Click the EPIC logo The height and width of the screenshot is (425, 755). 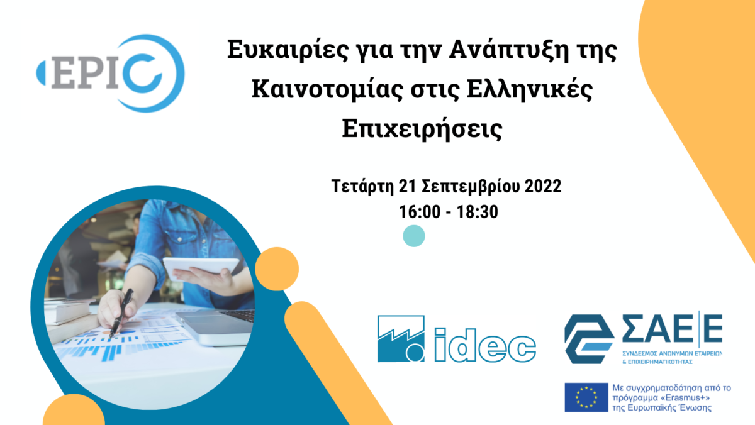tap(111, 73)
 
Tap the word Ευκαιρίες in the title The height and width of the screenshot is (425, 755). tap(288, 50)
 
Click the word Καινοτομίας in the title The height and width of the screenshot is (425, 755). tap(327, 89)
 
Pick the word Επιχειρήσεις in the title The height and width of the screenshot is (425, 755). tap(422, 129)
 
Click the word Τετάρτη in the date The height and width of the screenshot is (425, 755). tap(362, 186)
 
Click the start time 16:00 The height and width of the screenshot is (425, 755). tap(420, 212)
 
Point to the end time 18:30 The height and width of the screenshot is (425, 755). tap(478, 212)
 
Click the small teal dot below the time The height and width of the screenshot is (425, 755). tap(414, 236)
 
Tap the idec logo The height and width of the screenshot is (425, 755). tap(456, 339)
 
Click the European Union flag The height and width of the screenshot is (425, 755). tap(586, 397)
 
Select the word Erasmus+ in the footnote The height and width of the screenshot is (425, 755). tap(686, 398)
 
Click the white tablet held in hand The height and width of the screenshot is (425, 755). tap(201, 267)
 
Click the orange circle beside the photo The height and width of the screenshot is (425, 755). tap(277, 268)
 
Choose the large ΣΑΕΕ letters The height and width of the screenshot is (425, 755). tap(672, 328)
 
